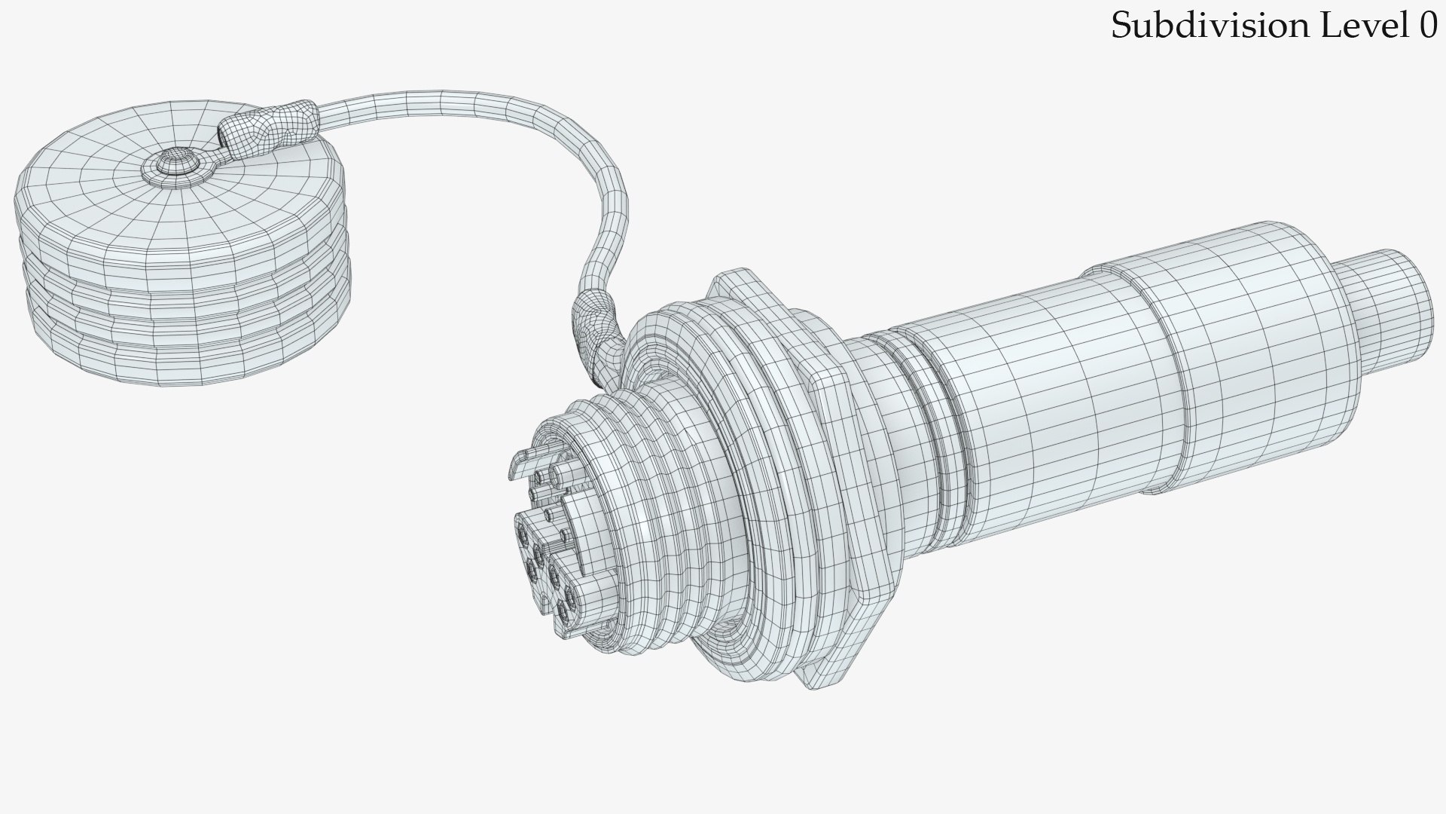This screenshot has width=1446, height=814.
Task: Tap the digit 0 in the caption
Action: [x=1428, y=26]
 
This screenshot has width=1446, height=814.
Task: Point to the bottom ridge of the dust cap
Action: [x=188, y=369]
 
